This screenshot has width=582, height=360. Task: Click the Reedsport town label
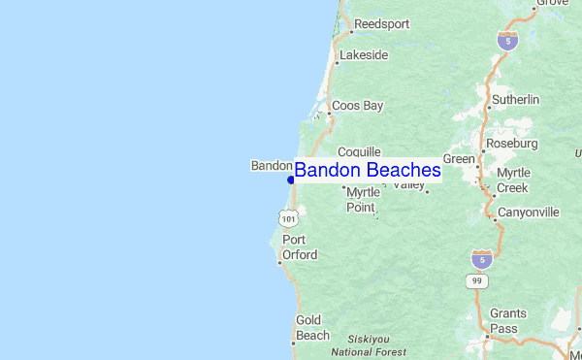pos(381,23)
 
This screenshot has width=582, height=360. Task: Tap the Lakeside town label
pos(363,55)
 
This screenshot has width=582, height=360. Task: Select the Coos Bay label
pos(358,105)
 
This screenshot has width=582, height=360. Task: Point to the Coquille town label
pos(359,152)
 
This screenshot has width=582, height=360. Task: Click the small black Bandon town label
pos(272,166)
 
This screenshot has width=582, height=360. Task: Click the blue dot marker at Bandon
pos(291,180)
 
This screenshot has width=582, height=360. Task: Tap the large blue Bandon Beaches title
pos(368,171)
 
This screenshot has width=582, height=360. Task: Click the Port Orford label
pos(300,246)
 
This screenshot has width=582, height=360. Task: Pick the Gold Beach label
pos(312,327)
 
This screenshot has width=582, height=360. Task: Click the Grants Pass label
pos(507,320)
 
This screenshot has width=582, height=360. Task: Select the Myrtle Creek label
pos(513,180)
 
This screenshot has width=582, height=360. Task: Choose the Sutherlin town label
pos(515,99)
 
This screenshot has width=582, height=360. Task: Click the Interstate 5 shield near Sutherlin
pos(507,40)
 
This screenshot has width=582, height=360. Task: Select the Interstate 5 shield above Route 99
pos(481,258)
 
